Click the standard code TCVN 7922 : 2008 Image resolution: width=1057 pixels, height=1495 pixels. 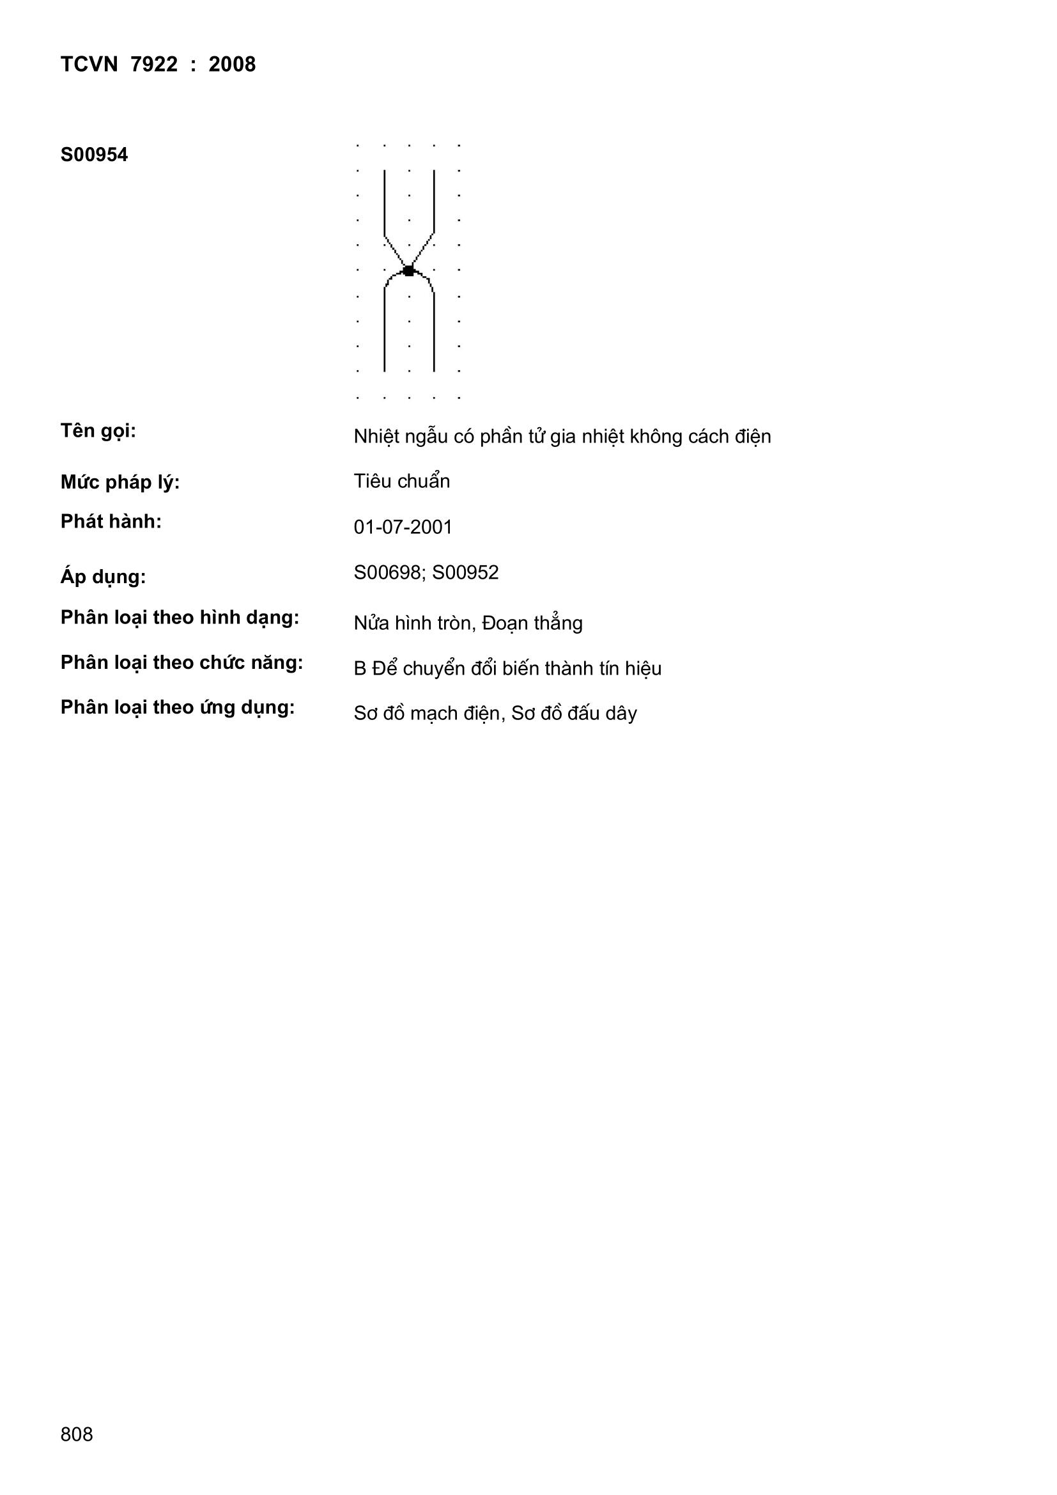157,65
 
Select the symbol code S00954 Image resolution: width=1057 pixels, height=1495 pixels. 94,155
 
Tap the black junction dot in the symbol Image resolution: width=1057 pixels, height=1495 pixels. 409,270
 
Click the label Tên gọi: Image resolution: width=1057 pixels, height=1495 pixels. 98,431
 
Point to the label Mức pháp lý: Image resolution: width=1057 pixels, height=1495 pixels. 120,483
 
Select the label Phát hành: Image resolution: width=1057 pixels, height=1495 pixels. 111,522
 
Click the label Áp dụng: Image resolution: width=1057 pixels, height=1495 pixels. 103,577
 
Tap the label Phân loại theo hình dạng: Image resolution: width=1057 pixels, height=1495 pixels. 180,617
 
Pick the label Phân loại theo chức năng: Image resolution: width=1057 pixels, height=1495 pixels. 181,663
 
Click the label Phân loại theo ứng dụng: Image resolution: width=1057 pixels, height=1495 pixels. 178,708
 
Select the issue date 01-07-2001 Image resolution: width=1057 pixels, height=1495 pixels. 403,527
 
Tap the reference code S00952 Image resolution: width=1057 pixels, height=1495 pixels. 465,572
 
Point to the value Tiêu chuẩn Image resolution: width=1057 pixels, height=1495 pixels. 401,481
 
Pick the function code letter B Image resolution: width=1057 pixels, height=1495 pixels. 360,669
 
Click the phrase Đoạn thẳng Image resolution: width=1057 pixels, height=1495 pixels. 532,623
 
